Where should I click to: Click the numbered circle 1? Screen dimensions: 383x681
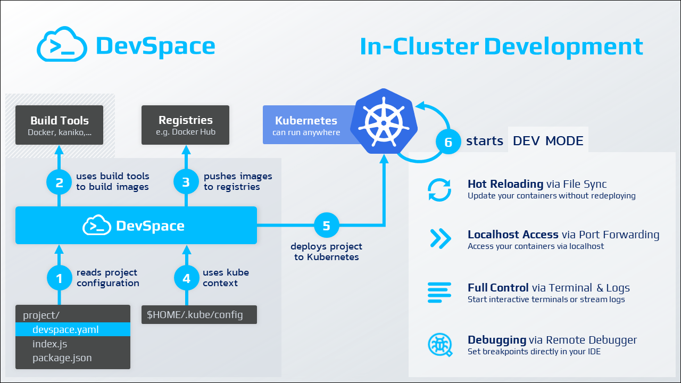59,278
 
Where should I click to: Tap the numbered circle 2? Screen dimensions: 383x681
59,182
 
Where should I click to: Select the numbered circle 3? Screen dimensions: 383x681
186,182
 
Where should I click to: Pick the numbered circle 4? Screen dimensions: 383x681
186,278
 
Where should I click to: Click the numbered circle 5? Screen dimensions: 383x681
326,226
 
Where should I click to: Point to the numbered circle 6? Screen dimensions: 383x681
448,141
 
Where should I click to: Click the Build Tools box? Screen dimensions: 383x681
60,125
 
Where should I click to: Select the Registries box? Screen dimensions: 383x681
185,125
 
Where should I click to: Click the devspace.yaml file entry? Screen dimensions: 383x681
65,329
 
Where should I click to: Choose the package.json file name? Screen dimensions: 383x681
62,358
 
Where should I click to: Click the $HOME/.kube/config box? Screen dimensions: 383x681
199,314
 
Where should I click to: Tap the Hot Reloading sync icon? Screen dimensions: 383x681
440,189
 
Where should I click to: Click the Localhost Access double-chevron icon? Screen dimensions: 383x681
440,239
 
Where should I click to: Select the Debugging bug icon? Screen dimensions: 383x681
440,345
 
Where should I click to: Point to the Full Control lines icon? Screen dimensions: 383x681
440,293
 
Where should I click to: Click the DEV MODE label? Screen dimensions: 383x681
548,141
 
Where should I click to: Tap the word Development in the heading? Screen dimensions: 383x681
563,47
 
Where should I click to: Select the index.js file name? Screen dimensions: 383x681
50,344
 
